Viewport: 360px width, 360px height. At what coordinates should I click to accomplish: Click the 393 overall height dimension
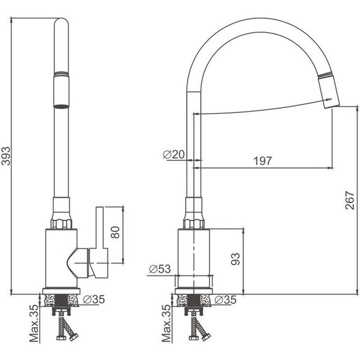coord(6,156)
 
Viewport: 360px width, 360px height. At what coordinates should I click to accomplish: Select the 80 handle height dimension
coord(115,232)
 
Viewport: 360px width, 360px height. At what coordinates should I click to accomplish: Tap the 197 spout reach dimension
coord(263,161)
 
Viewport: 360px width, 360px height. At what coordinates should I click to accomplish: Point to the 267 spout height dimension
coord(350,200)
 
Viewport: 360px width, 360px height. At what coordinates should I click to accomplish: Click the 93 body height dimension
coord(236,259)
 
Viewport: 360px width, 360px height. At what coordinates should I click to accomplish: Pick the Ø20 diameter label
coord(174,155)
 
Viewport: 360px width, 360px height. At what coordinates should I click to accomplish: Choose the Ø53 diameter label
coord(160,269)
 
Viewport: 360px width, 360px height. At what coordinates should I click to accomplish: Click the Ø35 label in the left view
coord(94,299)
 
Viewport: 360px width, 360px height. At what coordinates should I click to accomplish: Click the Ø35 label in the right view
coord(225,299)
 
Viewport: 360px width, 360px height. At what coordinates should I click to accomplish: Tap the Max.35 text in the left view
coord(34,323)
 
